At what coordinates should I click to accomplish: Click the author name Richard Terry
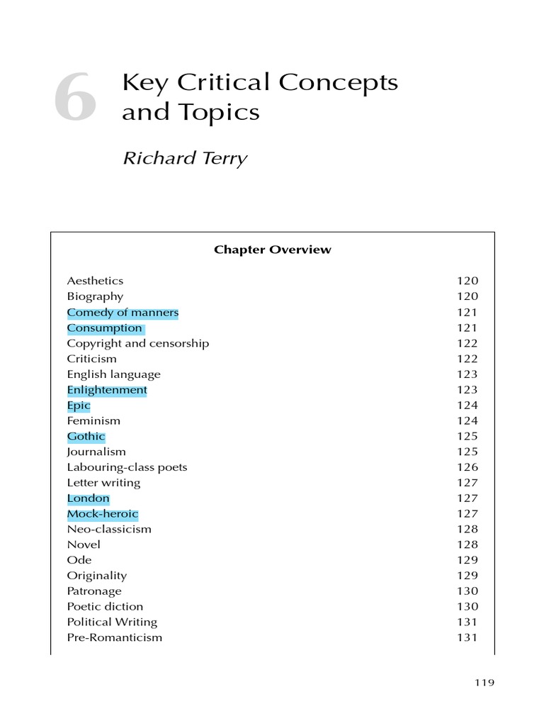185,158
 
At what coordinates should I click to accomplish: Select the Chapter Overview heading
272,250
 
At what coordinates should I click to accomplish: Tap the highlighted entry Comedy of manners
123,313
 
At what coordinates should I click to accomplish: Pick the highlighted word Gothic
86,437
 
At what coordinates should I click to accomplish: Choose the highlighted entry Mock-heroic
103,514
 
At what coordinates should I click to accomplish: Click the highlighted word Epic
79,406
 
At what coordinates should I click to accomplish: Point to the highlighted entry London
88,498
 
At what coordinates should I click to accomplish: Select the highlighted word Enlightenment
107,390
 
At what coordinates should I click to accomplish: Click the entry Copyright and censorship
137,343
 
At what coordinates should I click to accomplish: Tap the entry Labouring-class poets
127,467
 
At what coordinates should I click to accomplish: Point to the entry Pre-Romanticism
114,637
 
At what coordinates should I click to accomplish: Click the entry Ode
76,560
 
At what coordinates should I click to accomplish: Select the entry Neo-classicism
108,529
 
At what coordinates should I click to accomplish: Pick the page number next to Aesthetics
467,281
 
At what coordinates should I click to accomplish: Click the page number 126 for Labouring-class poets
467,467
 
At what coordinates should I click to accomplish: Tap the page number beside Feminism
467,421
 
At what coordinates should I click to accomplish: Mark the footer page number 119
484,683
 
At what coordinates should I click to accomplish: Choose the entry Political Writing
112,622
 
